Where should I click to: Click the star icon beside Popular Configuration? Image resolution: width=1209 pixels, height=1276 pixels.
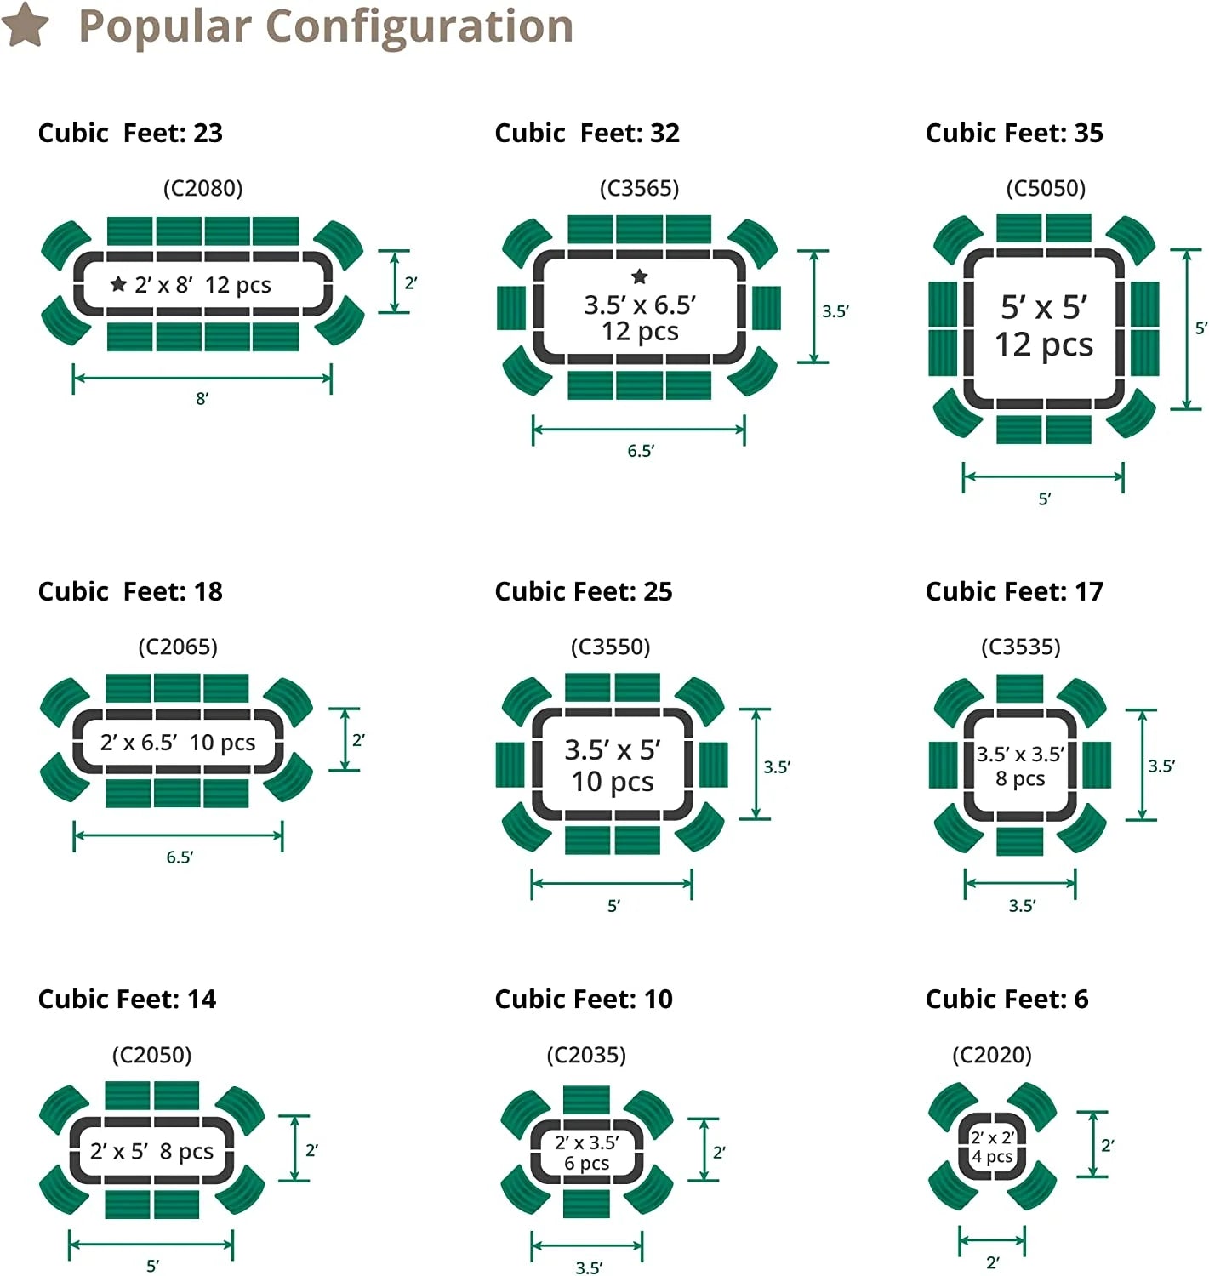point(25,25)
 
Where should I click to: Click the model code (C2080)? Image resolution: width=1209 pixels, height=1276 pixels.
point(202,188)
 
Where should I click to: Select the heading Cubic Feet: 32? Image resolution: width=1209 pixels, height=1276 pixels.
point(587,133)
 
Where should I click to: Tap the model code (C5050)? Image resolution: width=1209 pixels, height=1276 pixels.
point(1046,188)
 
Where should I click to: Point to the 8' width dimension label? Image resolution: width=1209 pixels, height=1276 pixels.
point(202,398)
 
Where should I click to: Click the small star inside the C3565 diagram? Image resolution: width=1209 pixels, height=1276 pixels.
point(640,276)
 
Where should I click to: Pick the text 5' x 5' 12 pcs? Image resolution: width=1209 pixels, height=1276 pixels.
point(1044,326)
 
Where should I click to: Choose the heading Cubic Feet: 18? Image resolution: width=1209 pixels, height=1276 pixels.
point(130,591)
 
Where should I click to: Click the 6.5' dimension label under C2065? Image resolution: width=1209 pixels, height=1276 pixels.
point(180,857)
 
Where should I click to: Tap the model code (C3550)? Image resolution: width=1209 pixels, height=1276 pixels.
point(610,647)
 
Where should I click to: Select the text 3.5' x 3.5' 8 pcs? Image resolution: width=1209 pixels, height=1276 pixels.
point(1020,766)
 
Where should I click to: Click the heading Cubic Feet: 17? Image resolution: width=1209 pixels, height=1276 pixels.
point(1014,591)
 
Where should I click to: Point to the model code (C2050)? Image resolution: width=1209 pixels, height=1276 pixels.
point(151,1055)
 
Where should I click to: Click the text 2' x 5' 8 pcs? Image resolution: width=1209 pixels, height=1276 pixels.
point(151,1151)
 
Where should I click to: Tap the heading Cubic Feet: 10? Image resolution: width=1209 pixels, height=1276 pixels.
point(584,999)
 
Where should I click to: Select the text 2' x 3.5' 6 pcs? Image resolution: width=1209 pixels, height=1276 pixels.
point(587,1153)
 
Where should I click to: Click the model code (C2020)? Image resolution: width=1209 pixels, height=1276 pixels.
point(991,1055)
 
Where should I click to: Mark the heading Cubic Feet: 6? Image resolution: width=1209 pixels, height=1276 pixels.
point(1007,999)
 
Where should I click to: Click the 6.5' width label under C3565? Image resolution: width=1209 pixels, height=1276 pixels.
point(641,451)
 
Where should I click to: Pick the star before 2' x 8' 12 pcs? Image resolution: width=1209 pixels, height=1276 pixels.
point(118,284)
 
